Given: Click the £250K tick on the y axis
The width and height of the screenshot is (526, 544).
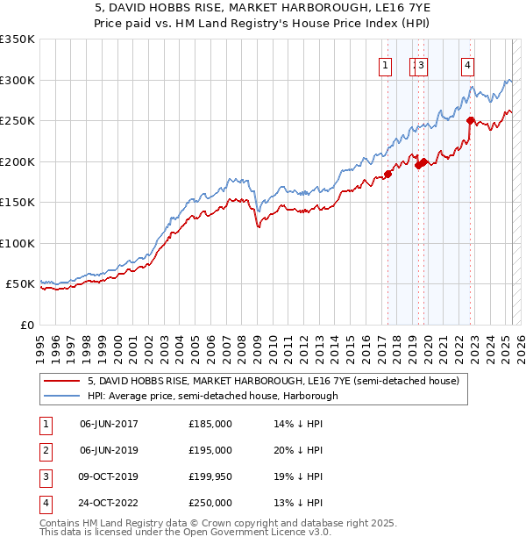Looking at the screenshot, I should [18, 121].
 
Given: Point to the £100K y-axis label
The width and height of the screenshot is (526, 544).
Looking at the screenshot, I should [18, 243].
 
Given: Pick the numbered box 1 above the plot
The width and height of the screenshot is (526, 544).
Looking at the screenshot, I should [385, 64].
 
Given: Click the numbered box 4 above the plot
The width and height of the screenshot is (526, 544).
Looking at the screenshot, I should [469, 64].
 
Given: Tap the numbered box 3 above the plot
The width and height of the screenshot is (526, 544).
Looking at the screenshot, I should [422, 64].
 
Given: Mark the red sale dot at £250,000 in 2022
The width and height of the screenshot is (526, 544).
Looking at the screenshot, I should [471, 121].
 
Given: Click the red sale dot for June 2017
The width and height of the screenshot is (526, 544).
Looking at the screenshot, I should [387, 174].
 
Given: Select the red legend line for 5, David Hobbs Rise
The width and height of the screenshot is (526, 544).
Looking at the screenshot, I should [62, 381].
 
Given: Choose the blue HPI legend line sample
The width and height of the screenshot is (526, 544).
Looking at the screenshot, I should [62, 396].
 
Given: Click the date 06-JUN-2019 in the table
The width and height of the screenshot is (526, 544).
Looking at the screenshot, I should [109, 450].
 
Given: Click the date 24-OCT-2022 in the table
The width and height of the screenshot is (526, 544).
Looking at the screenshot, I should [109, 503].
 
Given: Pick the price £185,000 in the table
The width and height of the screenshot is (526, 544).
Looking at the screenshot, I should [210, 424].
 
